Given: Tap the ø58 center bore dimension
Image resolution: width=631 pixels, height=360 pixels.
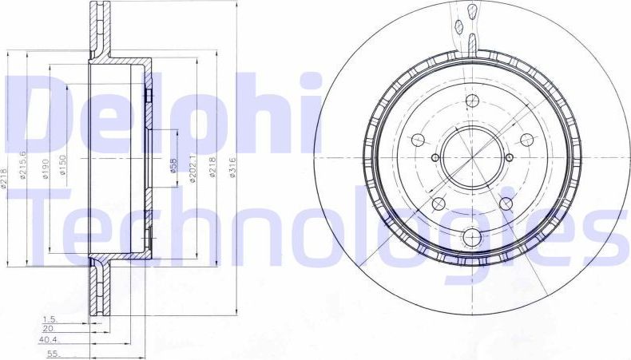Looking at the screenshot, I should click(x=173, y=166).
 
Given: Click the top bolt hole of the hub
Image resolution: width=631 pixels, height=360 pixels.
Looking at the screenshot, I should click(x=471, y=101).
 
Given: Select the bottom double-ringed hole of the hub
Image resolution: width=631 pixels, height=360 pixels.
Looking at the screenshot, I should click(x=471, y=236).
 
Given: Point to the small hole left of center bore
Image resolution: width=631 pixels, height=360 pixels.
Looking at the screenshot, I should click(x=435, y=156).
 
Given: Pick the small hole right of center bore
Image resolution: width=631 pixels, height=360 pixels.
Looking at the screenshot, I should click(x=508, y=156).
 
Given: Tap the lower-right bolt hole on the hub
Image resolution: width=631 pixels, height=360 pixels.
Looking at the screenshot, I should click(x=506, y=204).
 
